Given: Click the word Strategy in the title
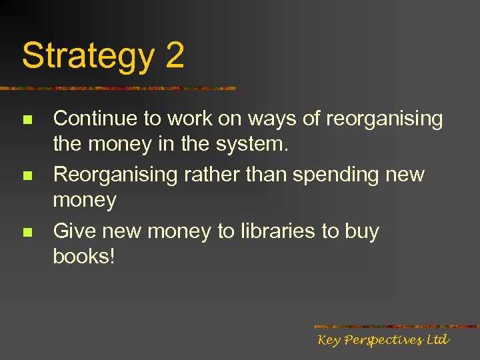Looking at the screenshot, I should tap(87, 56).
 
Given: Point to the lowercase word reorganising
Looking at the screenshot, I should tap(385, 120).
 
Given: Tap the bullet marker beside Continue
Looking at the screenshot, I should tap(27, 121).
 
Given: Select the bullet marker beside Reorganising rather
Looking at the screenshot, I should tap(27, 177).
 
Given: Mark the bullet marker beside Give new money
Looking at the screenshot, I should tap(27, 233).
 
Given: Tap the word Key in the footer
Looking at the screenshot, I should tap(329, 341).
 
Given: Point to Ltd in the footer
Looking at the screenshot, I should tap(437, 340).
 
